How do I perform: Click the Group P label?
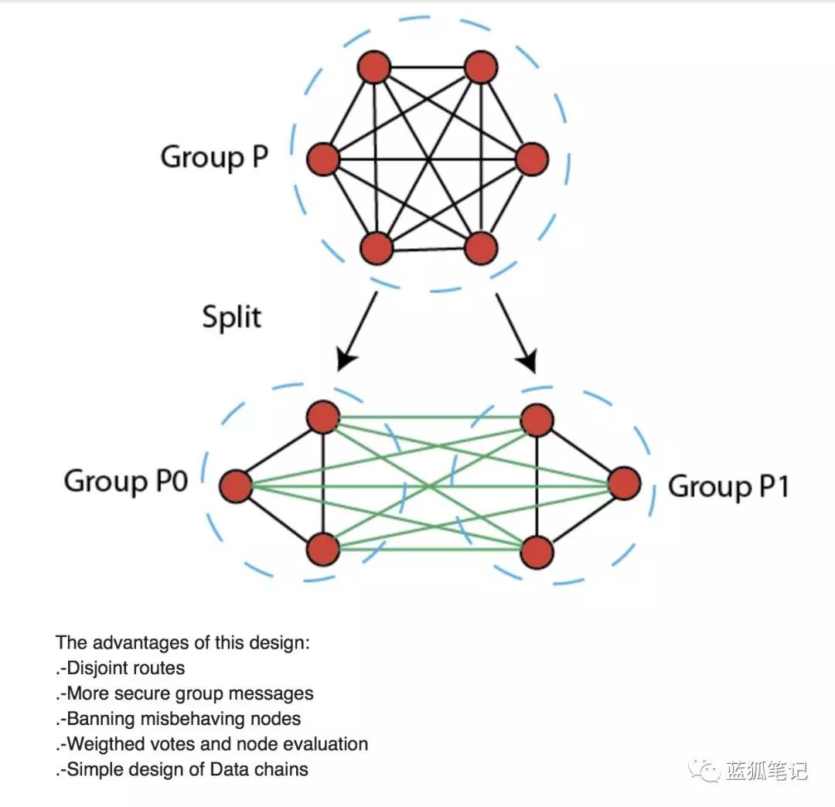coord(214,157)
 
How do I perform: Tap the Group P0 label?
coord(125,481)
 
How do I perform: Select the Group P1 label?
coord(728,487)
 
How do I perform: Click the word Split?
coord(232,317)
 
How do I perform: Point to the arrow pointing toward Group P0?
coord(358,329)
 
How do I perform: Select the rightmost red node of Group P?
coord(531,159)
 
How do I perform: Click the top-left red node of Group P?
coord(375,67)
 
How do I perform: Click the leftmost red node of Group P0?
coord(236,487)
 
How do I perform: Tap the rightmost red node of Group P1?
coord(624,484)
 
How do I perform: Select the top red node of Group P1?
coord(537,420)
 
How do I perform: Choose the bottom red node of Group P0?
coord(323,550)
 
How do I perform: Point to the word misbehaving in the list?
coord(194,719)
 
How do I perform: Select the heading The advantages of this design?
coord(182,642)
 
